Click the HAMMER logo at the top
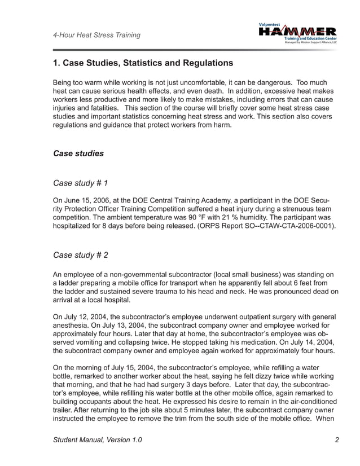(x=297, y=33)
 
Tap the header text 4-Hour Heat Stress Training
(x=96, y=36)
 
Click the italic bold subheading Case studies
(x=78, y=153)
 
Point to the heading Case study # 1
(x=80, y=183)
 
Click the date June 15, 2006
(x=90, y=200)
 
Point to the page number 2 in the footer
(x=336, y=441)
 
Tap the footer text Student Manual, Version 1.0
(x=98, y=441)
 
